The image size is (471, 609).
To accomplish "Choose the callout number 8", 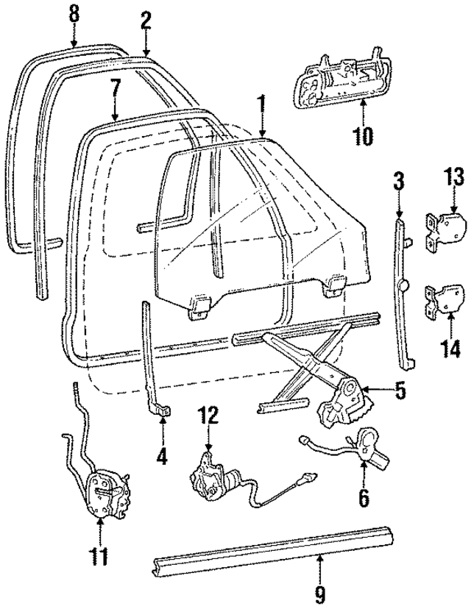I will point(73,13).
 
